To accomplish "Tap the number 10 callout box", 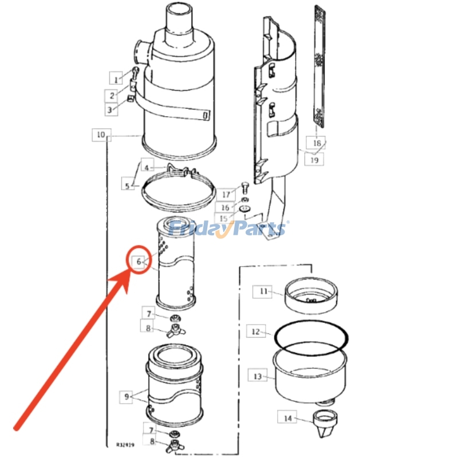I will [101, 135].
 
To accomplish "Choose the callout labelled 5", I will [127, 185].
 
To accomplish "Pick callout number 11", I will [263, 291].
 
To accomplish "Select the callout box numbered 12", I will [256, 331].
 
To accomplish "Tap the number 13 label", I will [257, 376].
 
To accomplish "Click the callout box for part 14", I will [287, 418].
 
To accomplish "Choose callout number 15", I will [223, 219].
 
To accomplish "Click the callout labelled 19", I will [314, 160].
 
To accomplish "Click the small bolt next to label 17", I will [246, 187].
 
